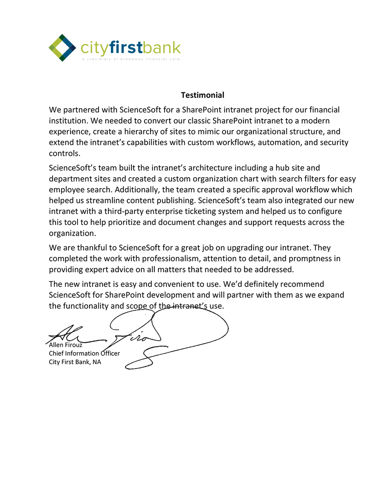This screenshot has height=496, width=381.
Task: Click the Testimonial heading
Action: point(202,95)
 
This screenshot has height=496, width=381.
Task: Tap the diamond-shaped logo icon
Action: point(62,48)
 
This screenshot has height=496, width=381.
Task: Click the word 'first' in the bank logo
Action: point(126,48)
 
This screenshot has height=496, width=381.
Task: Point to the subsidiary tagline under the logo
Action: point(131,59)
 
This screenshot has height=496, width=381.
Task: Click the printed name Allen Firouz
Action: point(66,345)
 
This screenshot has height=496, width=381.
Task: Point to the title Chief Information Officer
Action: point(84,354)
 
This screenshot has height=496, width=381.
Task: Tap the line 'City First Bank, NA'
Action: point(75,362)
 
